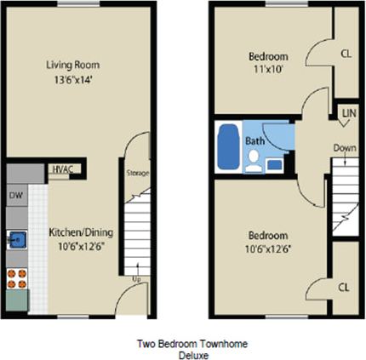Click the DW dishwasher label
pos(15,195)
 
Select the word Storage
pos(138,173)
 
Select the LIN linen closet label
pos(347,112)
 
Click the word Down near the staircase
pos(345,147)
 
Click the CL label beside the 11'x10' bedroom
pos(346,53)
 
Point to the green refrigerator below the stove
pos(15,300)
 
